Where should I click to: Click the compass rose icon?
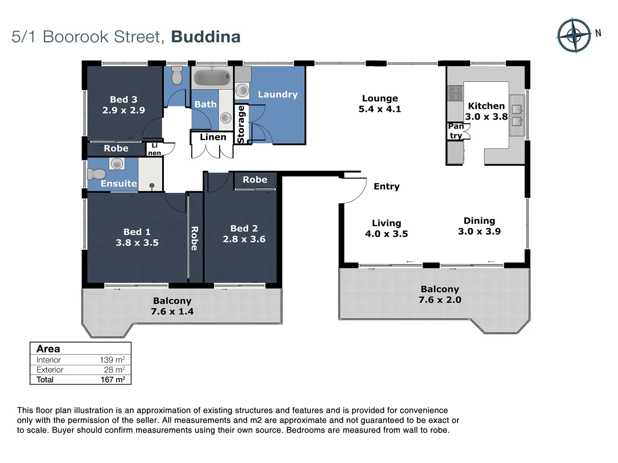pyautogui.click(x=574, y=36)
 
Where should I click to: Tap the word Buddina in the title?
pyautogui.click(x=206, y=37)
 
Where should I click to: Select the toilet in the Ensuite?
pyautogui.click(x=96, y=174)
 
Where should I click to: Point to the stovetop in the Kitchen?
pyautogui.click(x=455, y=93)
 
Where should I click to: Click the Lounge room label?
pyautogui.click(x=380, y=99)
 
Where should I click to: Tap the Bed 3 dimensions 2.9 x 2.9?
pyautogui.click(x=124, y=110)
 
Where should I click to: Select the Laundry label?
pyautogui.click(x=278, y=94)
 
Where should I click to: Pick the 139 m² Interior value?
pyautogui.click(x=112, y=360)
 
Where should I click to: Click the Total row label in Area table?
pyautogui.click(x=45, y=379)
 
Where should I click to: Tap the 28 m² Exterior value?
pyautogui.click(x=115, y=370)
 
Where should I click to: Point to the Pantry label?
pyautogui.click(x=456, y=131)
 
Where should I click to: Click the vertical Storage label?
pyautogui.click(x=241, y=124)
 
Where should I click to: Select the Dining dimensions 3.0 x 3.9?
pyautogui.click(x=479, y=231)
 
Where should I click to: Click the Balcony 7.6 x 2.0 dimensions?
pyautogui.click(x=440, y=300)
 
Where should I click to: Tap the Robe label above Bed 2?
pyautogui.click(x=255, y=180)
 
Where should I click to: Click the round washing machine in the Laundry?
pyautogui.click(x=242, y=90)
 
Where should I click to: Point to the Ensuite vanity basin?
pyautogui.click(x=116, y=163)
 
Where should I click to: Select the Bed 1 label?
pyautogui.click(x=137, y=232)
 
